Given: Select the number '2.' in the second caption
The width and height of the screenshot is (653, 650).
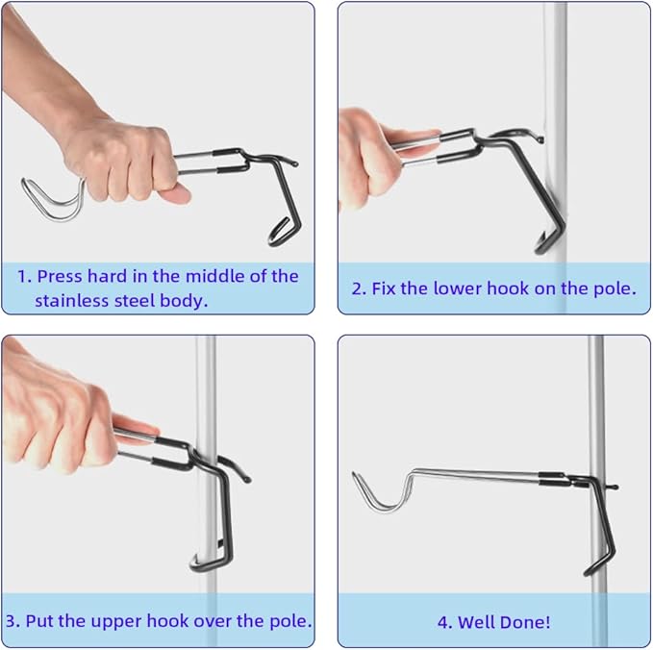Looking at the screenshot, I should [x=359, y=287].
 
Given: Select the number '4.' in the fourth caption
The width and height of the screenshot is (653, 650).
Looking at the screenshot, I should [x=444, y=621].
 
